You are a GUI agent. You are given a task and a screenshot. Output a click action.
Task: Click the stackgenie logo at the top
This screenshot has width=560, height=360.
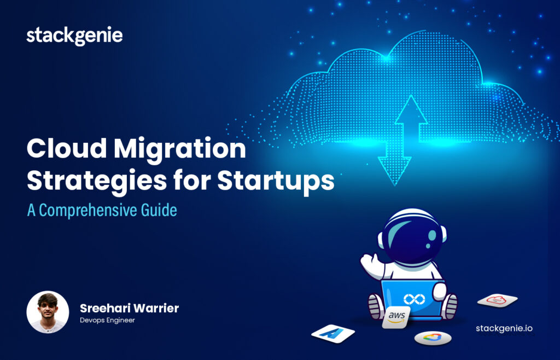[x=74, y=36]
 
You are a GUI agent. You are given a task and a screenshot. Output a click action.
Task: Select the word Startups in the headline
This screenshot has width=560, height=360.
[x=276, y=182]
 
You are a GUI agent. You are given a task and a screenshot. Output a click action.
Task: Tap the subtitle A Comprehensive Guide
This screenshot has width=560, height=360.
[x=102, y=210]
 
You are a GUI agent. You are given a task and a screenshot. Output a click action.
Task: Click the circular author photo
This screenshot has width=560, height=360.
[x=48, y=312]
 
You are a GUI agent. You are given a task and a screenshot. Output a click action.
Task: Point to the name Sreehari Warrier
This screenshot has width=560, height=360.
[x=129, y=308]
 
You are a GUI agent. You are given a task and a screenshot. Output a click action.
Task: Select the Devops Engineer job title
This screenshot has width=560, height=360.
[x=108, y=320]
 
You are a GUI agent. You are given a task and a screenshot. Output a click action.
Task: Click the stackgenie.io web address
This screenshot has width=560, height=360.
[x=504, y=329]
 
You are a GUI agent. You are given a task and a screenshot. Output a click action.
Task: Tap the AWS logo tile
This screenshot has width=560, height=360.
[x=396, y=317]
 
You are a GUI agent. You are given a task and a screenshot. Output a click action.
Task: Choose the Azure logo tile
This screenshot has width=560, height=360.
[x=333, y=334]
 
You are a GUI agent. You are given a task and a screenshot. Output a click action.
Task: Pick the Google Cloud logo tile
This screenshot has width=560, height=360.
[x=433, y=338]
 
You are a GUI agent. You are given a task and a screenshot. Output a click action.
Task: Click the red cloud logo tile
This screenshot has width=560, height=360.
[x=497, y=300]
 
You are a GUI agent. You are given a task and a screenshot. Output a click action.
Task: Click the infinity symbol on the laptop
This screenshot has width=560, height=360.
[x=415, y=299]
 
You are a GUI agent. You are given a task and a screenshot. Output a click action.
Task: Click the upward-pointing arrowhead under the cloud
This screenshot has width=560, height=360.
[x=411, y=109]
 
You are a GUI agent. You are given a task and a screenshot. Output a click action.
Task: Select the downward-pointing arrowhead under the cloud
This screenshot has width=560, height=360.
[x=395, y=171]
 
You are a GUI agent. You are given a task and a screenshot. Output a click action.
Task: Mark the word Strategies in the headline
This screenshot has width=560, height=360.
[x=97, y=182]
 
